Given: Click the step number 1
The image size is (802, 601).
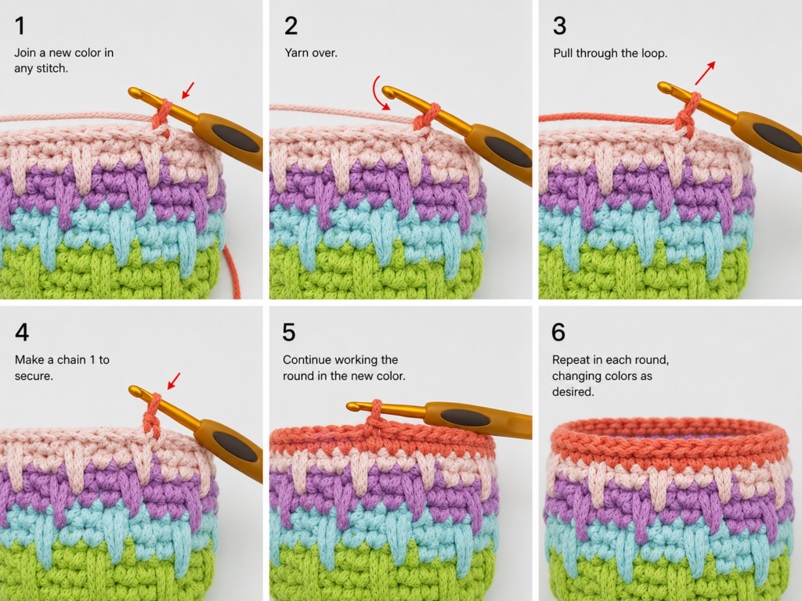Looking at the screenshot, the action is tap(20, 26).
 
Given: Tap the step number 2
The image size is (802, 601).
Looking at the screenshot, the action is tap(291, 26).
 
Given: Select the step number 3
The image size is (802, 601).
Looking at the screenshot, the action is tap(559, 26).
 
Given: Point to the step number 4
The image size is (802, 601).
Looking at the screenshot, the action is tap(22, 332).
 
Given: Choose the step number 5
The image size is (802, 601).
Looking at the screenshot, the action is tap(289, 332).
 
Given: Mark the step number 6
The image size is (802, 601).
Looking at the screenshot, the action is tap(558, 332).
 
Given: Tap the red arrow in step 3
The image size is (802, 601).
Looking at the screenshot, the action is tap(705, 73).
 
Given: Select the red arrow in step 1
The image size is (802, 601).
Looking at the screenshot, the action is tap(188, 91).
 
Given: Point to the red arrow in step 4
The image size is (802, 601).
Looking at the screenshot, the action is tap(174, 380).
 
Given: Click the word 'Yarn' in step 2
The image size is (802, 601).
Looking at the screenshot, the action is tap(296, 52).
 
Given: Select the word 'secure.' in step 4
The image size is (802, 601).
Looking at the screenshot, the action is tap(34, 376).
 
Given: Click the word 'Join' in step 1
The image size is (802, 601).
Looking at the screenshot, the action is tap(24, 52).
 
